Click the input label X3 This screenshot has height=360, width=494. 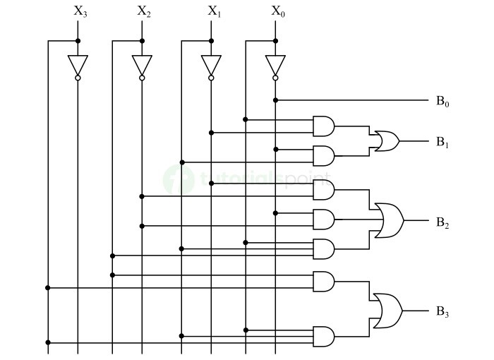80,11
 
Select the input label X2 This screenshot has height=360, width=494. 143,11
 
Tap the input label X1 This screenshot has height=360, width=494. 213,11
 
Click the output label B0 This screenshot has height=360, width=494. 442,102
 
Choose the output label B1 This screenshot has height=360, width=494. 442,143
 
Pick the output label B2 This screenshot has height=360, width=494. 442,224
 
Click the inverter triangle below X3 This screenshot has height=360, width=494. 78,65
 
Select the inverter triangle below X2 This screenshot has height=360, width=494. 142,65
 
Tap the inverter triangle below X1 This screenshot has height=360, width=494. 211,65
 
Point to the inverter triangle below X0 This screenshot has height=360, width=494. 275,65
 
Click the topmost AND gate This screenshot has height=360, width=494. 323,126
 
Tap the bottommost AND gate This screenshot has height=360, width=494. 323,336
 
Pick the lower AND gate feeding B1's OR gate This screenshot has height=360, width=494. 323,155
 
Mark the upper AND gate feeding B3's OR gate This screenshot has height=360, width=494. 323,281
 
